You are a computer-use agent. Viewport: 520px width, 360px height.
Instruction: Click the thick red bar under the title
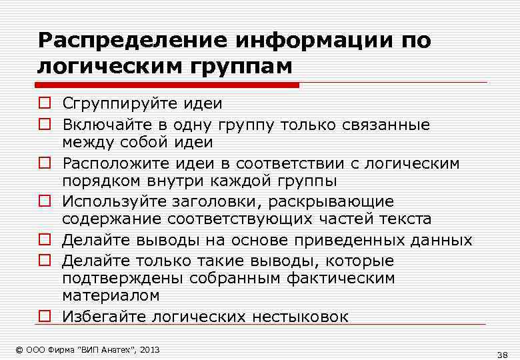coord(167,85)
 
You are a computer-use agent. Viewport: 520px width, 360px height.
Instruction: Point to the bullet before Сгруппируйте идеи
coord(44,104)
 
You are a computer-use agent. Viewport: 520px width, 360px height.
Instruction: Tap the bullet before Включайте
coord(44,125)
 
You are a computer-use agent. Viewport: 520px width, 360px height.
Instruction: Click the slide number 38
coord(503,355)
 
